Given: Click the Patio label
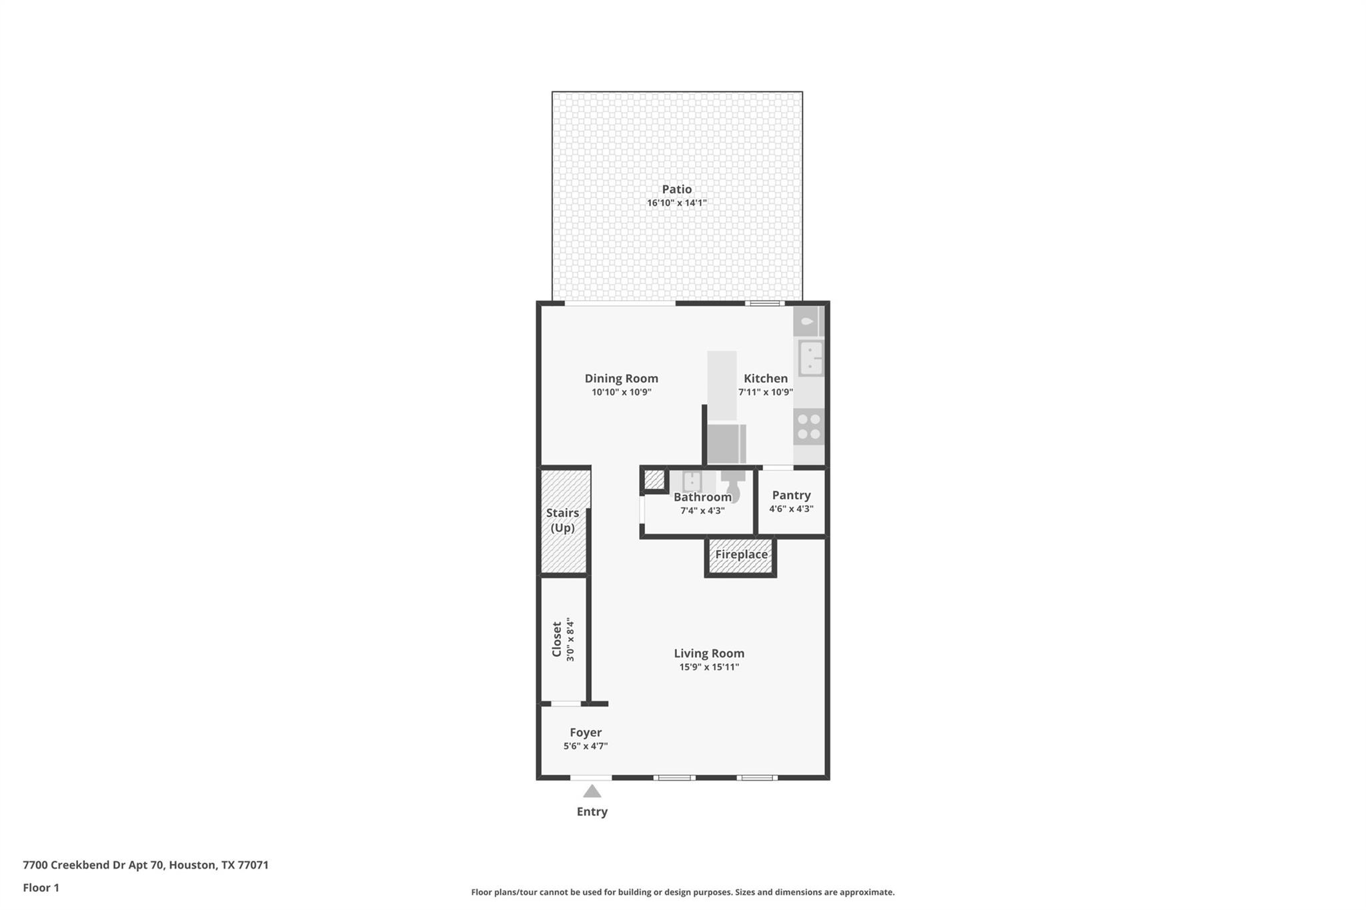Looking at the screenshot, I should pos(676,189).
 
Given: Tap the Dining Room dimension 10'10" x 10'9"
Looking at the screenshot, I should pos(621,392).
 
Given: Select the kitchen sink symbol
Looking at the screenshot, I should pos(810,359).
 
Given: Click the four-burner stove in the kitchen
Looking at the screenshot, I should pos(809,427).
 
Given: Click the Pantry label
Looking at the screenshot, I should pos(791,495).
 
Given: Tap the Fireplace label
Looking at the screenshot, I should pos(741,555).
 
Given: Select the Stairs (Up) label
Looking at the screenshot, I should pos(562,520).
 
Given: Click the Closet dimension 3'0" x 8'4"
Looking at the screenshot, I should pos(570,640).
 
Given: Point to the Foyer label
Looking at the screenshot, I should pos(586,733).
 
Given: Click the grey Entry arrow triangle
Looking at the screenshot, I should pos(592,792).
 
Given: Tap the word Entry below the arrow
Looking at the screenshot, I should pos(592,812).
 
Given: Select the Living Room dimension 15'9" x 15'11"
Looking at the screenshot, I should pos(709,667).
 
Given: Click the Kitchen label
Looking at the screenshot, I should pos(766,379).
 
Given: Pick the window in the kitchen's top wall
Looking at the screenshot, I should pos(764,303).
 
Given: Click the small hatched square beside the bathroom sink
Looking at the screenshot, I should pos(654,479).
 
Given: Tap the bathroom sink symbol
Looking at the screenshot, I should pos(692,481).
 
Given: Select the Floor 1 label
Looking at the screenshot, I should pos(41,888).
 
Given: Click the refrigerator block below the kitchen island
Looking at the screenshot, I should pos(726,443).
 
